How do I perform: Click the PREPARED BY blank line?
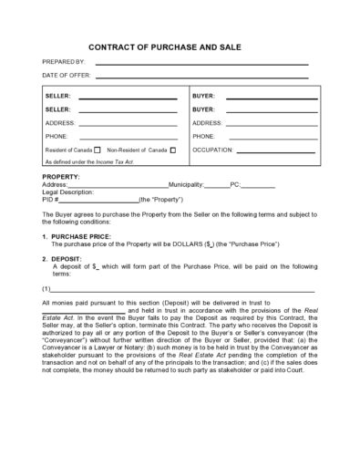(201, 64)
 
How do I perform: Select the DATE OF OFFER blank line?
(201, 77)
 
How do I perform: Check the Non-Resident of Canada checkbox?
(174, 150)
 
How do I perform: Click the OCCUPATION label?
(213, 150)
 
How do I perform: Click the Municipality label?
(186, 184)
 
